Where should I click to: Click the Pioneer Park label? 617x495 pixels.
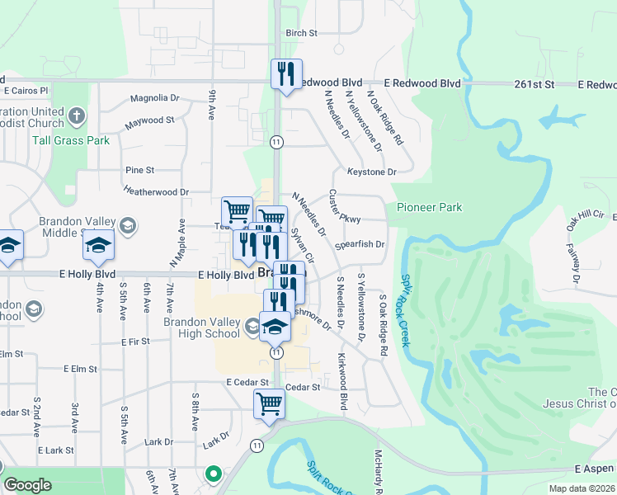429,207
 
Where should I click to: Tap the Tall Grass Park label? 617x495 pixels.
71,140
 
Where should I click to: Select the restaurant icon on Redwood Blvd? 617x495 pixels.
286,73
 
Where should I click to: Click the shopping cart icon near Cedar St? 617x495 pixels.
269,404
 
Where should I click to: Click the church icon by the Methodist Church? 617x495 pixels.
78,115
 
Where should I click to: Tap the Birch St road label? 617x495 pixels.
301,33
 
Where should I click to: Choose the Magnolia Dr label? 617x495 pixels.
155,97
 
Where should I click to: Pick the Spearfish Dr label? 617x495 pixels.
360,244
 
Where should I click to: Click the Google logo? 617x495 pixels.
27,485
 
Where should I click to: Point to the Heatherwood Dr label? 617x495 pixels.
156,191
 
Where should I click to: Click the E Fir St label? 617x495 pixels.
133,341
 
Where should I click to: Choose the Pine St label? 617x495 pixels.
139,170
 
